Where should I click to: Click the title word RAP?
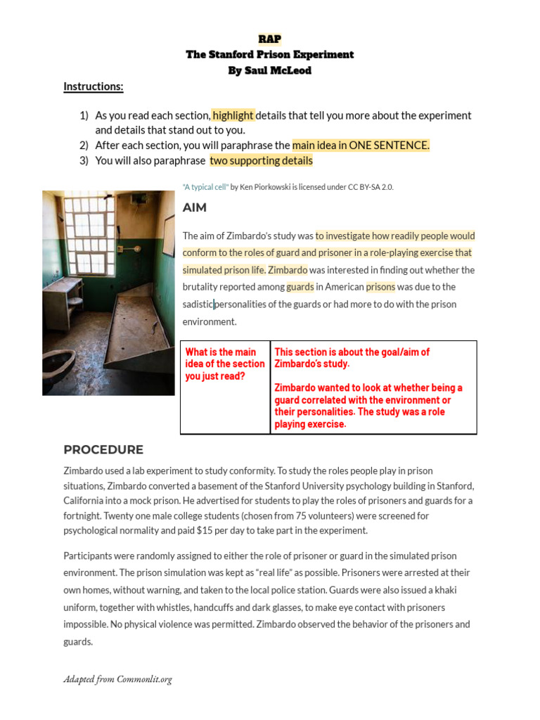tap(270, 39)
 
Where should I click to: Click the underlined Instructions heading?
tap(94, 86)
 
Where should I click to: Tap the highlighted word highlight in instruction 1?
tap(233, 115)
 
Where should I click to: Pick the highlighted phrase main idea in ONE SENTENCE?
tap(361, 145)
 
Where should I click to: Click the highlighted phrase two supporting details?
tap(261, 160)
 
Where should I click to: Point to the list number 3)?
tap(84, 160)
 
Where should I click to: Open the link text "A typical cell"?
tap(205, 187)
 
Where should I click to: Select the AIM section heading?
tap(195, 207)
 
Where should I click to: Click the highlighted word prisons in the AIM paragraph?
tap(380, 287)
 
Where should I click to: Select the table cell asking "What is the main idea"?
tap(225, 364)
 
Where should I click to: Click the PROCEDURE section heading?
tap(103, 450)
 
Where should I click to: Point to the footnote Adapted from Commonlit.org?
tap(117, 679)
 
